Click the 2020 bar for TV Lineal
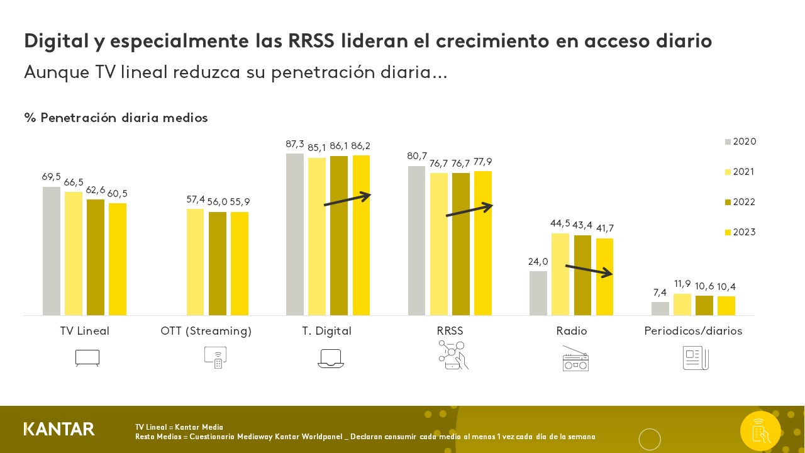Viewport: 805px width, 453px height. pos(52,251)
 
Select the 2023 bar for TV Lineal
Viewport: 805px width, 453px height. pos(118,259)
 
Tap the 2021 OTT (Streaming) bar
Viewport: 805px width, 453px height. pos(195,262)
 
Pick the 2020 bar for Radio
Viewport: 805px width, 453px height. pos(538,293)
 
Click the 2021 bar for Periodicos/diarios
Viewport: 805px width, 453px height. pos(682,305)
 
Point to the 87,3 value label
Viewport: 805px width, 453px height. pos(295,144)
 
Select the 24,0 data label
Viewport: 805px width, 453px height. pos(538,262)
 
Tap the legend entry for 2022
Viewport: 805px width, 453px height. pos(740,202)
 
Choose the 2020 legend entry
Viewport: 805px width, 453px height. pos(740,142)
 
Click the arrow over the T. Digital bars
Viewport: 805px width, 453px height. pos(348,199)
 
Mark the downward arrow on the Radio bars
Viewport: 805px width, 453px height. pos(589,271)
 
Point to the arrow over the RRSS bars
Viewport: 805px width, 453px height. pos(469,210)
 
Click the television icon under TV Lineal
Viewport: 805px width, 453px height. pos(87,358)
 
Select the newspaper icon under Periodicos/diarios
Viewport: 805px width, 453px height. pos(696,358)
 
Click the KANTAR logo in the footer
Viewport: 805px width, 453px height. pos(59,429)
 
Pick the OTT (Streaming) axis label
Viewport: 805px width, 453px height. pos(206,331)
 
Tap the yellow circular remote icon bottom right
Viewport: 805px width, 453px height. pos(760,431)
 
